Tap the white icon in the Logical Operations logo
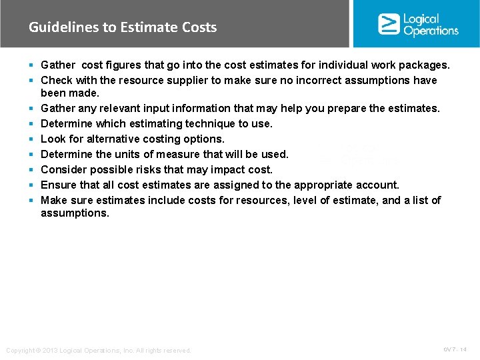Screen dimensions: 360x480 pyautogui.click(x=389, y=24)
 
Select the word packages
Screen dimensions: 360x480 pyautogui.click(x=424, y=65)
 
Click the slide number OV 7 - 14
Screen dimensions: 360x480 pyautogui.click(x=455, y=349)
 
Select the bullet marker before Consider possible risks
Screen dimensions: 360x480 pyautogui.click(x=32, y=170)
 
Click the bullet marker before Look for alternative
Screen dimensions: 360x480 pyautogui.click(x=32, y=139)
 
